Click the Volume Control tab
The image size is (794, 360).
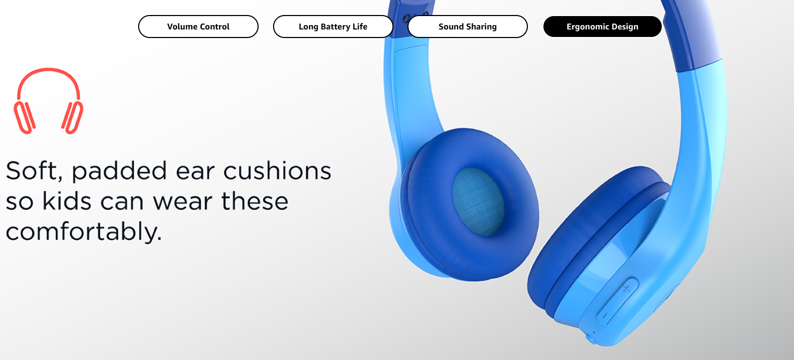(198, 27)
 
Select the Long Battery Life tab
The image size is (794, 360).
(333, 27)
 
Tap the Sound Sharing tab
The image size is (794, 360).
(467, 27)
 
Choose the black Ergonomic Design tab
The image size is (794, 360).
(602, 27)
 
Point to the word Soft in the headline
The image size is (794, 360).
(34, 171)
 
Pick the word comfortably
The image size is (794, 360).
(84, 232)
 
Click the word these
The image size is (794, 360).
(254, 201)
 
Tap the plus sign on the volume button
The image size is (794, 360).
(626, 289)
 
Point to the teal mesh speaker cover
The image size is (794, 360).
(478, 201)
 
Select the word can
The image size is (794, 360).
(122, 202)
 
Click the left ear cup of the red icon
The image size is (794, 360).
(24, 118)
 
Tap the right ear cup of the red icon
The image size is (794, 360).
(73, 118)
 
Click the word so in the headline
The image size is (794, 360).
(19, 202)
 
